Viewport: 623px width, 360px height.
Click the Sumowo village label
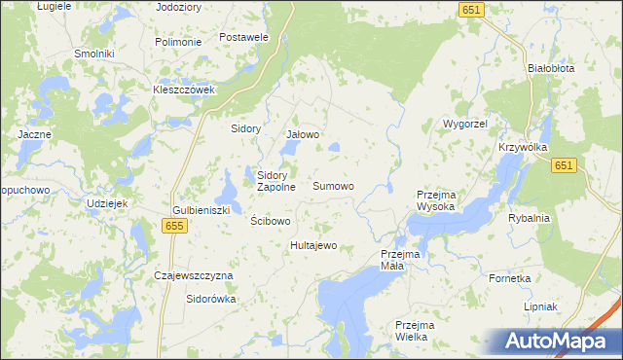[x=333, y=185]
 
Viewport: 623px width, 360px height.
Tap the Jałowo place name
[x=303, y=134]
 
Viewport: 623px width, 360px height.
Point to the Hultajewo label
[x=313, y=245]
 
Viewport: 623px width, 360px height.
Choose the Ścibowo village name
[x=271, y=221]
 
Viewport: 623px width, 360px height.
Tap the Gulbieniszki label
[x=201, y=210]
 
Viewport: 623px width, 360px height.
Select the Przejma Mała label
[x=399, y=260]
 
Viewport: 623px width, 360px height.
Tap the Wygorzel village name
[x=465, y=125]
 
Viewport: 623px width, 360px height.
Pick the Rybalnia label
[x=529, y=218]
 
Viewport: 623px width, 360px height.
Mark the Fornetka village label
[x=510, y=277]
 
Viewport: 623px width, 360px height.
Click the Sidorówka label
[x=211, y=299]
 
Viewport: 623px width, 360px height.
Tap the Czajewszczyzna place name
[x=195, y=275]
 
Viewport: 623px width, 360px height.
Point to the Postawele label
[x=243, y=37]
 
